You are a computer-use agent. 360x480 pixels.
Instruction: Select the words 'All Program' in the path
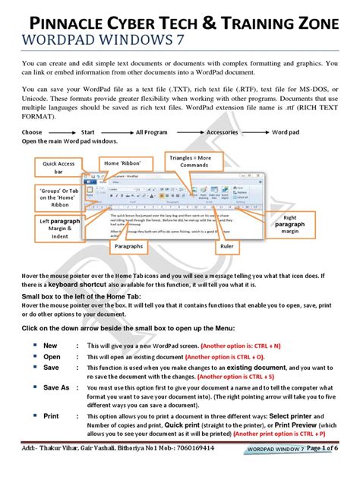pyautogui.click(x=152, y=132)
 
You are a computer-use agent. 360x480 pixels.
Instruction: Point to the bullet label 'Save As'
pyautogui.click(x=56, y=387)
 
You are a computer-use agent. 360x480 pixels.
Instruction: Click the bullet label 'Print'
pyautogui.click(x=52, y=416)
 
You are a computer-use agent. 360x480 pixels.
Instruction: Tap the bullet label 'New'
pyautogui.click(x=51, y=344)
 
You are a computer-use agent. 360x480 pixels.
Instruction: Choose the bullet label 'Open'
pyautogui.click(x=52, y=355)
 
